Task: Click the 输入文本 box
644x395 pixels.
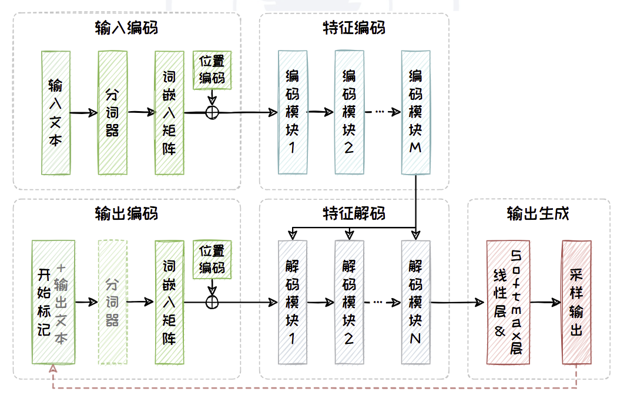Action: point(56,112)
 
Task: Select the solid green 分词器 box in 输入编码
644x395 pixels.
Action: point(113,112)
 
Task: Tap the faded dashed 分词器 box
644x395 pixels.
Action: point(113,303)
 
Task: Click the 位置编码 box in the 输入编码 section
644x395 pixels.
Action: point(212,70)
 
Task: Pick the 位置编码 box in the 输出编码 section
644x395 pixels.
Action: point(212,259)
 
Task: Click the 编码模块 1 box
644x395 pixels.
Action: point(292,112)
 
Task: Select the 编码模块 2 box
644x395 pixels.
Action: point(349,112)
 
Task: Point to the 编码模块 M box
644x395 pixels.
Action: point(416,112)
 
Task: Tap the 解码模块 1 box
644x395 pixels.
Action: point(292,303)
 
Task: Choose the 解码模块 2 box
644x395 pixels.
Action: point(349,303)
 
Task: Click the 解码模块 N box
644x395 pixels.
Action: point(416,303)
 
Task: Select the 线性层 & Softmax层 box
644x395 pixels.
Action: point(507,303)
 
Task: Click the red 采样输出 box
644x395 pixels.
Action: point(576,303)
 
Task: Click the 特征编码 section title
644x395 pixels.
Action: point(354,27)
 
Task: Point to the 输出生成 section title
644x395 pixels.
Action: point(538,213)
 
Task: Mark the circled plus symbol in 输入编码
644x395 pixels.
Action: point(212,112)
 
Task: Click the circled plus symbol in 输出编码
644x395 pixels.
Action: point(212,302)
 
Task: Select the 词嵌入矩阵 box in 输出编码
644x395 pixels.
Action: point(169,303)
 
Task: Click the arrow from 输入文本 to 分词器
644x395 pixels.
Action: point(84,112)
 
